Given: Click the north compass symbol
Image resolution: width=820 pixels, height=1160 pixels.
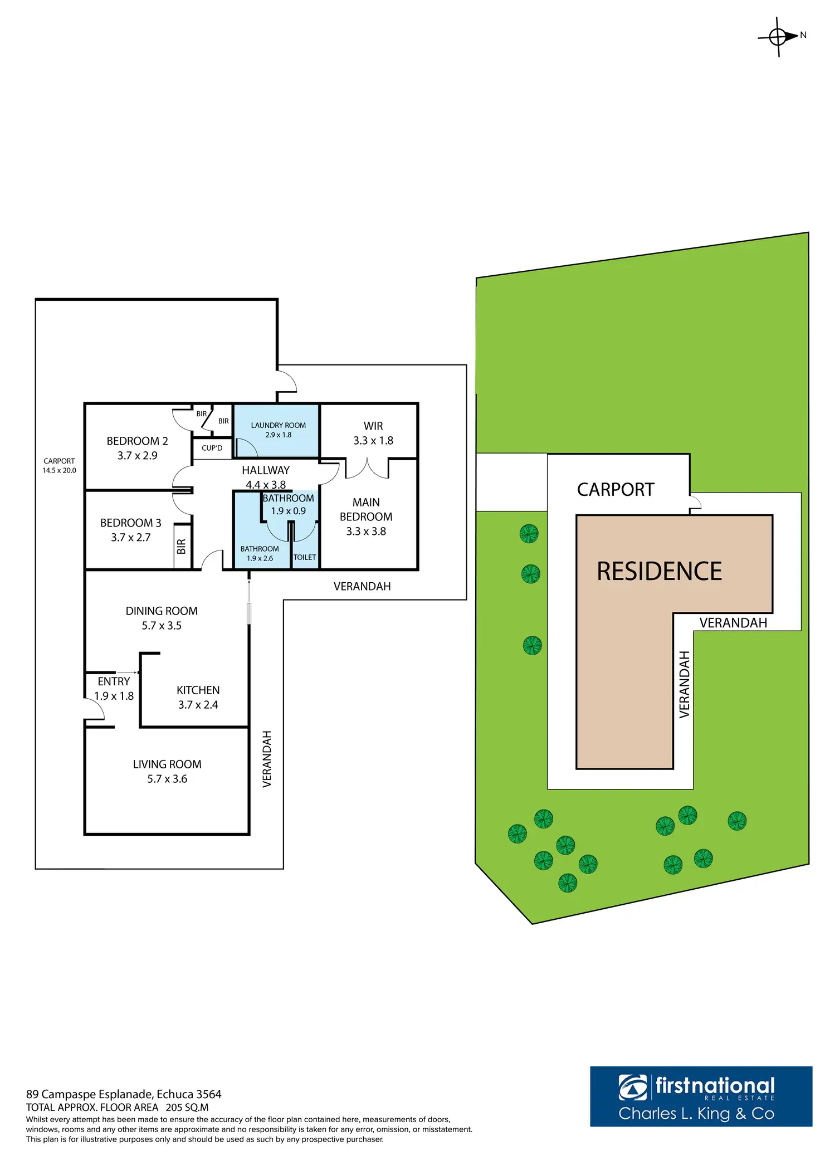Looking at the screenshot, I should (778, 37).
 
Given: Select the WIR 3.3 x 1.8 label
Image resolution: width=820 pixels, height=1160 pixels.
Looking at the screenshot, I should (373, 433).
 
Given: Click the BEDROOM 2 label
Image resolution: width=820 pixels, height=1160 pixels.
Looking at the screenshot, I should (137, 441).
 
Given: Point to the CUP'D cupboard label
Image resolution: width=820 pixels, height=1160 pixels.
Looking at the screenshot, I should (212, 448).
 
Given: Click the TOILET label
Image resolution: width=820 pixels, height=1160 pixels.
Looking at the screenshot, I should (305, 557).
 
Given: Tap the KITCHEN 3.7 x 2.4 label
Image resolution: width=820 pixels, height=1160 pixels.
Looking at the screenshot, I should (198, 697).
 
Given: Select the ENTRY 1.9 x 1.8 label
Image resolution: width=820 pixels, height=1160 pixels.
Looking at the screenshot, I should (114, 689).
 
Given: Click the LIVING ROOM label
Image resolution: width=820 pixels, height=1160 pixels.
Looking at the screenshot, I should (167, 764).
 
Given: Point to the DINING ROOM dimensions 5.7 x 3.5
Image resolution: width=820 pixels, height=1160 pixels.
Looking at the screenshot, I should (162, 626).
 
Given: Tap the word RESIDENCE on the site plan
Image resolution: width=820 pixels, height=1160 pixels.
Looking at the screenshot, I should (659, 572).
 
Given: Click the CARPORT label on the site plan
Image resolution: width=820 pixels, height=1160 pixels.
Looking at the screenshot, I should (615, 490).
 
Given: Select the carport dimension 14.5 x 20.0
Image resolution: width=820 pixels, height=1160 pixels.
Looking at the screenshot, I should (59, 470).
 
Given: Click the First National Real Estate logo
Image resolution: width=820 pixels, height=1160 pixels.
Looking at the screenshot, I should (701, 1096).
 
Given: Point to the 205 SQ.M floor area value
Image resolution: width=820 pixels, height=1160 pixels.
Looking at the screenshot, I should (187, 1108).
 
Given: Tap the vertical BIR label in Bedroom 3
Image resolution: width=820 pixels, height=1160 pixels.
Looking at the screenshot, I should (181, 547).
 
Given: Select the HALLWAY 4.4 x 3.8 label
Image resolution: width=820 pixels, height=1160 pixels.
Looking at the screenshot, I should (266, 477).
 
